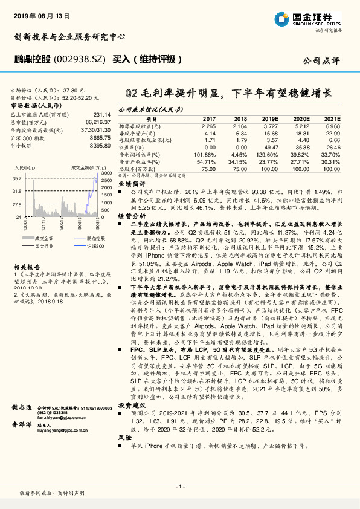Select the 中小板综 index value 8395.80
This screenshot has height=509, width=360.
(98, 146)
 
